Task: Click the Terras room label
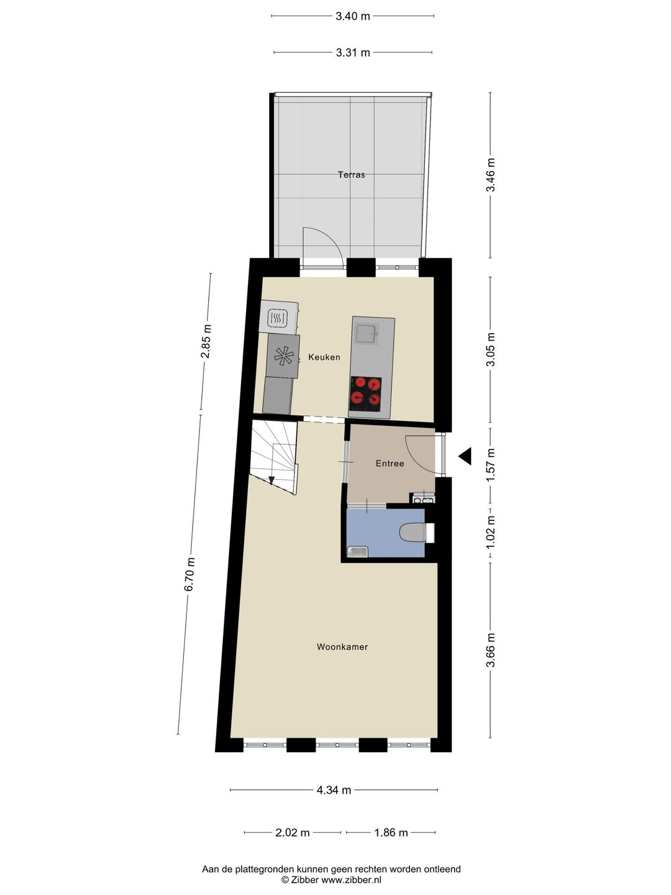click(351, 175)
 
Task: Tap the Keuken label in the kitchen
click(324, 357)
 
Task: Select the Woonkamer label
click(342, 647)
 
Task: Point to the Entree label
click(390, 463)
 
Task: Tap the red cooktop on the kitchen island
click(365, 393)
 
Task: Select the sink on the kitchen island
click(367, 334)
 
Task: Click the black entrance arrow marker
click(465, 456)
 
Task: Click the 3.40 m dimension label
click(352, 16)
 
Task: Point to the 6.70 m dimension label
click(190, 574)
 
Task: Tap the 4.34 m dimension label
click(334, 790)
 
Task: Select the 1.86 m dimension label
click(391, 832)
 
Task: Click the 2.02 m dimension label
click(292, 832)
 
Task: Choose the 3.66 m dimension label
click(491, 650)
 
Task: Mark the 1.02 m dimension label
click(491, 532)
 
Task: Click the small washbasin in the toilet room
click(357, 551)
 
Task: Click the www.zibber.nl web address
click(351, 879)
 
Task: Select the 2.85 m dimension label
click(206, 341)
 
